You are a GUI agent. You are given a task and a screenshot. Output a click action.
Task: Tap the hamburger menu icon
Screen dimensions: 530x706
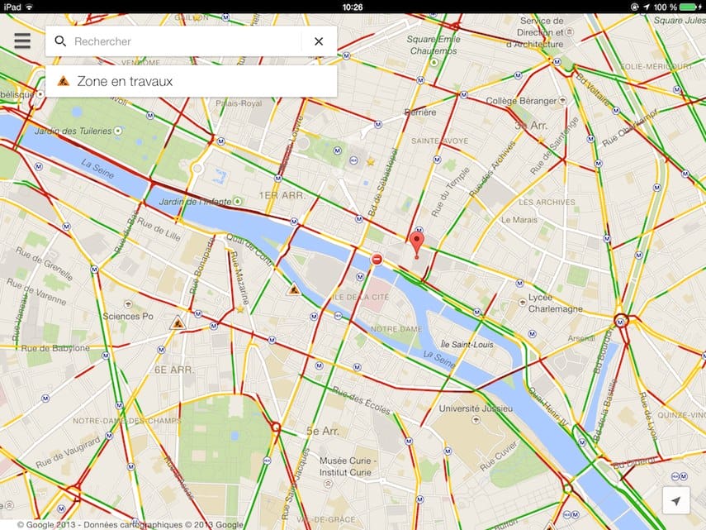coord(22,41)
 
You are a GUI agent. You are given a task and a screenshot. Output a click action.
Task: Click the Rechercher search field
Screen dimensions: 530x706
coord(182,41)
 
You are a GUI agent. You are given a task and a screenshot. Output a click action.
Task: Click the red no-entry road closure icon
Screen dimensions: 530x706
coord(377,260)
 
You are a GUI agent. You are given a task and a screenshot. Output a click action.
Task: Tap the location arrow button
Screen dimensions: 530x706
coord(676,501)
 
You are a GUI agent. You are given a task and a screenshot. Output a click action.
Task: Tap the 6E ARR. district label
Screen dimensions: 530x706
coord(174,370)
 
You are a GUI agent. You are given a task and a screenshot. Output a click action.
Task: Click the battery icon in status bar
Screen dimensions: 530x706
coord(688,7)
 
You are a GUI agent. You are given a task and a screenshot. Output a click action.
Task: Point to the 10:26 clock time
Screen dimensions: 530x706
coord(353,7)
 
